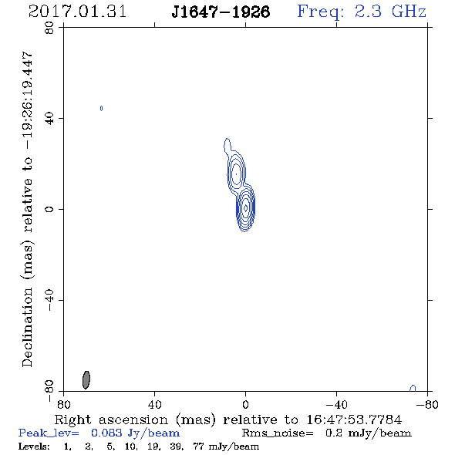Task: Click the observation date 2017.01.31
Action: click(77, 12)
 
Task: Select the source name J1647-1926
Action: click(221, 12)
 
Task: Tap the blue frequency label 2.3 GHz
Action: click(390, 12)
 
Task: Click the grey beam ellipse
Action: click(86, 380)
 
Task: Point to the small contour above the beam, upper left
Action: click(101, 108)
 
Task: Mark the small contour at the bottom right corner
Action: click(413, 388)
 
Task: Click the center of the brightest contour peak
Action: click(245, 207)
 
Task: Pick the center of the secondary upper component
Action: click(237, 174)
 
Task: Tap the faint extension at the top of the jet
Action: click(228, 145)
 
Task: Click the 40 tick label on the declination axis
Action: click(49, 119)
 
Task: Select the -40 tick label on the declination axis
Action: click(49, 300)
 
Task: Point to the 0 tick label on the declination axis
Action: click(49, 209)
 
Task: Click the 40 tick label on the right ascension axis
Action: click(155, 404)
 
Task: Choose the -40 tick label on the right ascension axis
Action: click(336, 404)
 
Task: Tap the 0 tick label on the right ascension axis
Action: click(245, 404)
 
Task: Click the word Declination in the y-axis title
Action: click(27, 328)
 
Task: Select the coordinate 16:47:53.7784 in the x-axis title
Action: click(354, 420)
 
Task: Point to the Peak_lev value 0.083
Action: click(106, 433)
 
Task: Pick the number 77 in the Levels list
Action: click(199, 446)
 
